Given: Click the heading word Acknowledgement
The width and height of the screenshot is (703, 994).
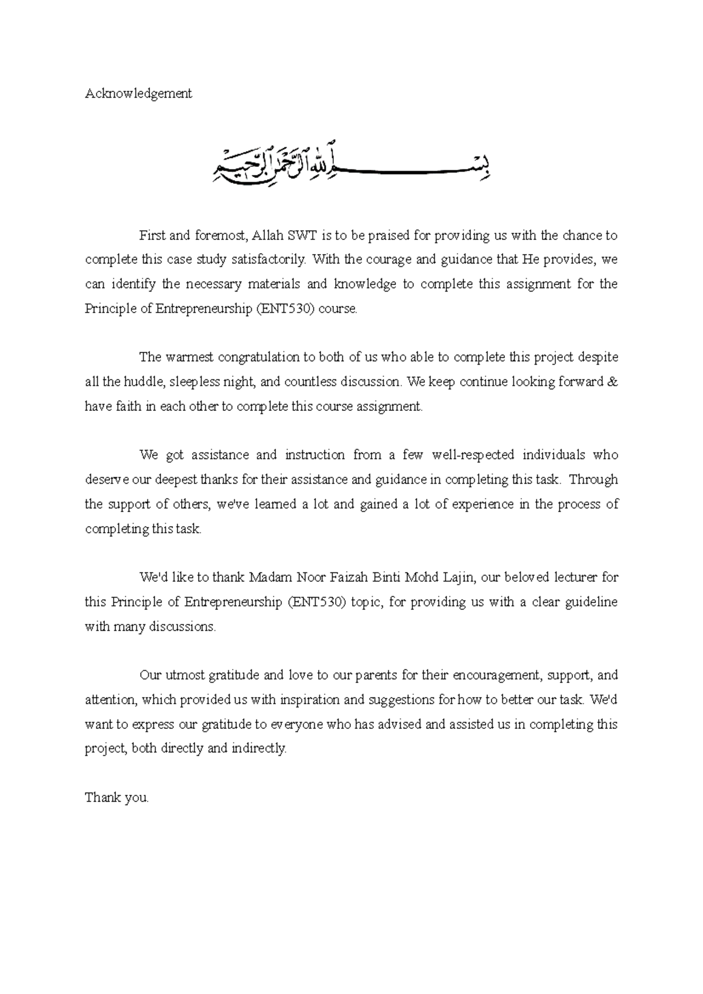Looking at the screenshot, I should (138, 93).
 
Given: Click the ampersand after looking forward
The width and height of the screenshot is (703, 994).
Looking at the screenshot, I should (613, 382).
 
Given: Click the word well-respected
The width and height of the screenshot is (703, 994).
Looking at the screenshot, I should (473, 455).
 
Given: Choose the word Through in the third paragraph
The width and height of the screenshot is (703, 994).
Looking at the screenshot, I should (593, 479).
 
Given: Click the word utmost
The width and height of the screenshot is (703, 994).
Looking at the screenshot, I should (182, 675).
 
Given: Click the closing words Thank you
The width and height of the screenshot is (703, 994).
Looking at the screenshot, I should (117, 797).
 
